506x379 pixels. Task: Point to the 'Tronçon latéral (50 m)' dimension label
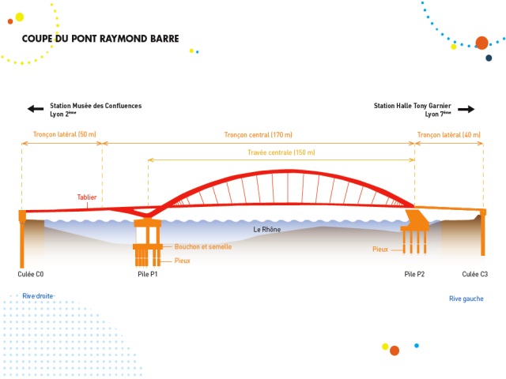64,135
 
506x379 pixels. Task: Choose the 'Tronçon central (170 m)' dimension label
259,135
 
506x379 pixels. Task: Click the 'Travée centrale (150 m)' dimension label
281,152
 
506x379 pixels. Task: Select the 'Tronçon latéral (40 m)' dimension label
448,135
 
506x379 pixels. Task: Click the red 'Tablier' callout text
88,197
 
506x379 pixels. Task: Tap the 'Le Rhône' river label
267,230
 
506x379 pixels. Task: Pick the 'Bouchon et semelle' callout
202,247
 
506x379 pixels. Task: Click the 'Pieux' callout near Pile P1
183,261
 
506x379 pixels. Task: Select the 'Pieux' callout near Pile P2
380,249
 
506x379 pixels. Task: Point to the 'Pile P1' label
148,274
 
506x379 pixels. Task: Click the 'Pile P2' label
414,274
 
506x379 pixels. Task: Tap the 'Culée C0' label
31,274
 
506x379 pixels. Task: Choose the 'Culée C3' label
475,274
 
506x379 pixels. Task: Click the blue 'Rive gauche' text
466,298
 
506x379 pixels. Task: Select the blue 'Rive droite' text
37,295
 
